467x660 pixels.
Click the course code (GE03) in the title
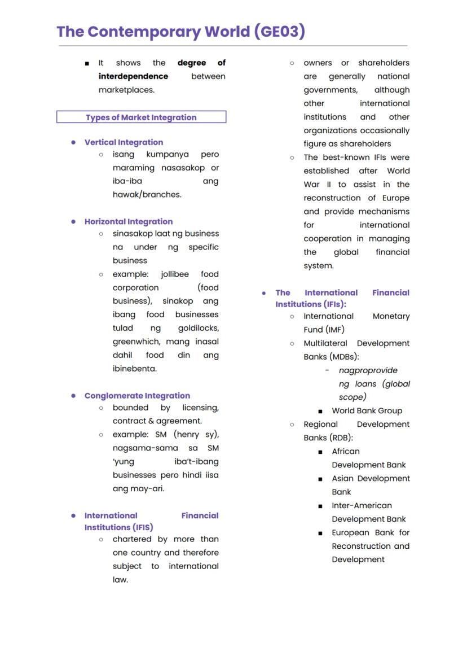click(x=280, y=32)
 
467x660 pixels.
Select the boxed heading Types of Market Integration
click(x=141, y=117)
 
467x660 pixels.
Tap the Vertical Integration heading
click(x=124, y=142)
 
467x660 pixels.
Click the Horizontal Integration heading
click(x=129, y=221)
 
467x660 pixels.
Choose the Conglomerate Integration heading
click(x=137, y=396)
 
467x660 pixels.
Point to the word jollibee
click(x=175, y=274)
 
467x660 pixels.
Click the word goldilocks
click(x=199, y=328)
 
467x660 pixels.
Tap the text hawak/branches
click(x=147, y=195)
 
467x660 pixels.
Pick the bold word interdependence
click(x=133, y=76)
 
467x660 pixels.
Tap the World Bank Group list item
click(x=367, y=411)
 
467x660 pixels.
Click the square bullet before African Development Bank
click(x=320, y=452)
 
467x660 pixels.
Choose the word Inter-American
click(x=362, y=505)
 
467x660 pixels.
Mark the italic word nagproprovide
click(x=368, y=370)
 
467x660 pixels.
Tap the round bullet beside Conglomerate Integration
click(x=73, y=396)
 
